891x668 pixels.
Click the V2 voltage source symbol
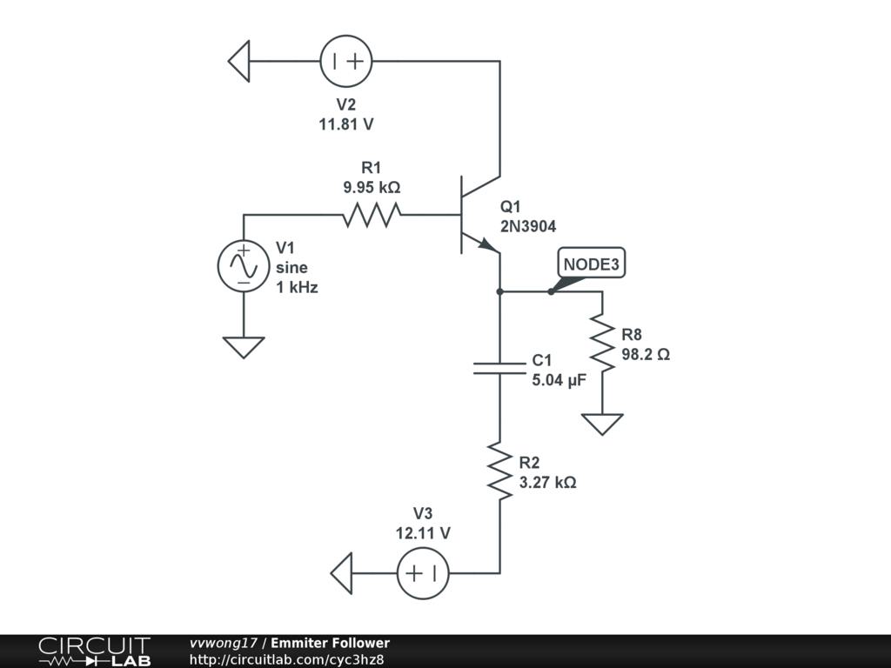tap(346, 61)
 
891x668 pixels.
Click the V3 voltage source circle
tap(423, 573)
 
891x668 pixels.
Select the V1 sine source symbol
tap(244, 266)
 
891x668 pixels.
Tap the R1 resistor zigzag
tap(372, 215)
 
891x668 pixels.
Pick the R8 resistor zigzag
tap(602, 343)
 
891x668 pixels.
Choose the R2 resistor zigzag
tap(500, 471)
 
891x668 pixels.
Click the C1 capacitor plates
tap(500, 368)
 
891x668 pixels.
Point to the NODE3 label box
tap(592, 263)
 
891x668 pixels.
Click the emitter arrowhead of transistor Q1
tap(487, 244)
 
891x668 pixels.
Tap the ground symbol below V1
tap(244, 347)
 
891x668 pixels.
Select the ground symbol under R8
tap(602, 424)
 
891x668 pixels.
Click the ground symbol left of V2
tap(239, 61)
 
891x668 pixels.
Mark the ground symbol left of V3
tap(341, 573)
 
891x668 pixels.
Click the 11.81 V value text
tap(346, 124)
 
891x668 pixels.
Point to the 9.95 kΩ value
tap(372, 187)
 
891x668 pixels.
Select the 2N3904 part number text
tap(528, 227)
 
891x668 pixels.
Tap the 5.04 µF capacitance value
tap(559, 380)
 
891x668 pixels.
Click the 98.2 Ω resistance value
tap(646, 355)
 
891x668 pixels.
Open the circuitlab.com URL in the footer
tap(286, 659)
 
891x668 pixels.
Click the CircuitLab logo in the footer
tap(94, 651)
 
